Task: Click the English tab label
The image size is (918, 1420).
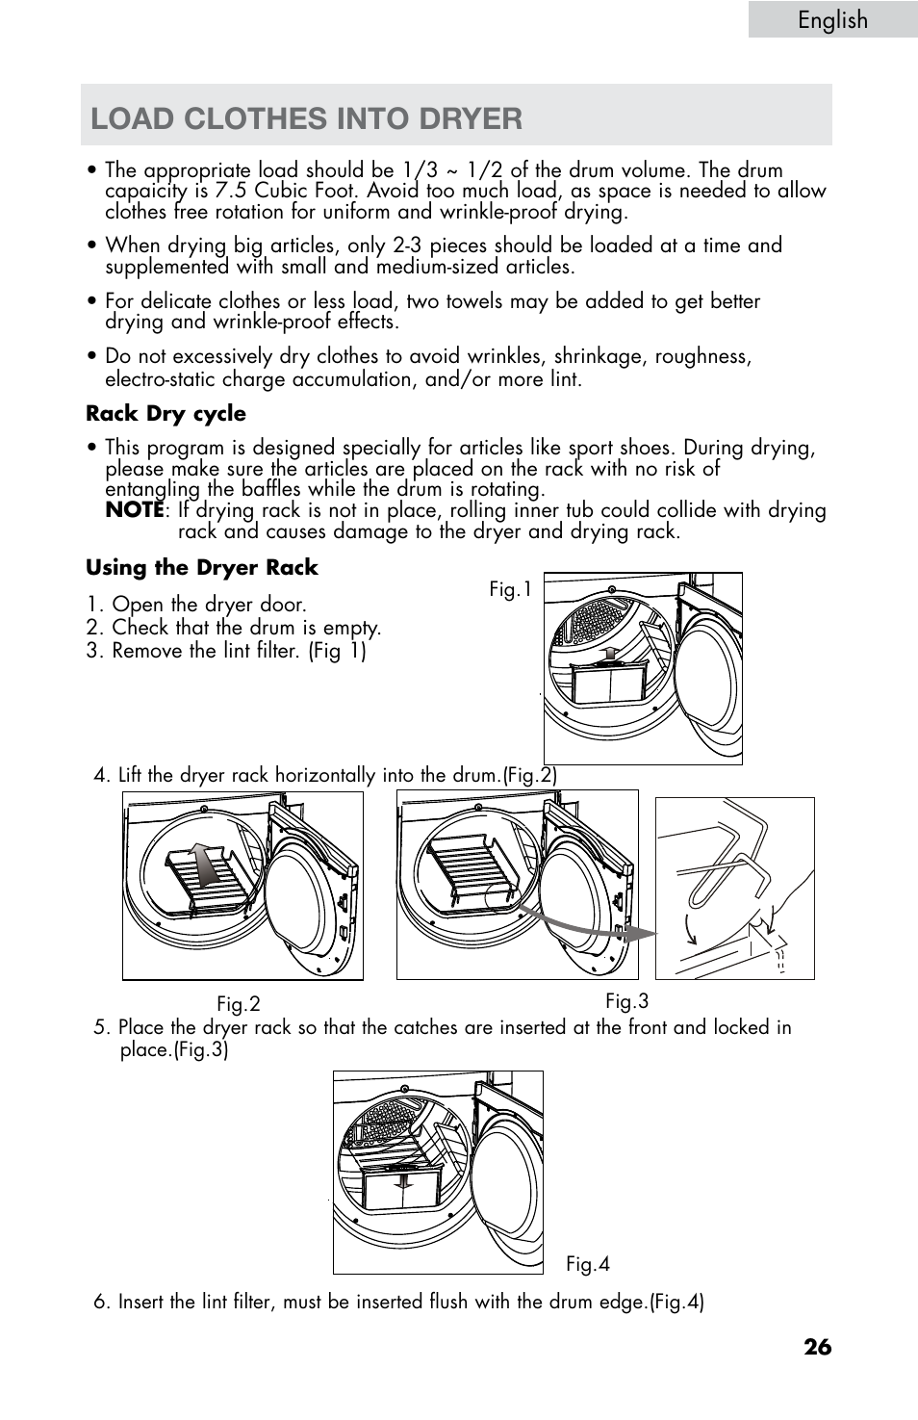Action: (832, 20)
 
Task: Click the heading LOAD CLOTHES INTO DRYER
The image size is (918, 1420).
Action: (307, 118)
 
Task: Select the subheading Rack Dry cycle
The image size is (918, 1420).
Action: (166, 414)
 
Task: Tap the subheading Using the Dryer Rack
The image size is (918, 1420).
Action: (201, 568)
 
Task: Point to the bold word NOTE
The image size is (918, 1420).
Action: (134, 510)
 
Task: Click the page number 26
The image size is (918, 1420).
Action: (818, 1347)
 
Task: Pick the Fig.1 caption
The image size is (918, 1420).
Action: (510, 590)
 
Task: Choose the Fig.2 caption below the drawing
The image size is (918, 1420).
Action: (238, 1005)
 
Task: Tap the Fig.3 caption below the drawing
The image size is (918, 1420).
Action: (626, 1001)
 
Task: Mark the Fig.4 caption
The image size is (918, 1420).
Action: (587, 1264)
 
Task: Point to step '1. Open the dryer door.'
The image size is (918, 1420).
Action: (196, 605)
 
